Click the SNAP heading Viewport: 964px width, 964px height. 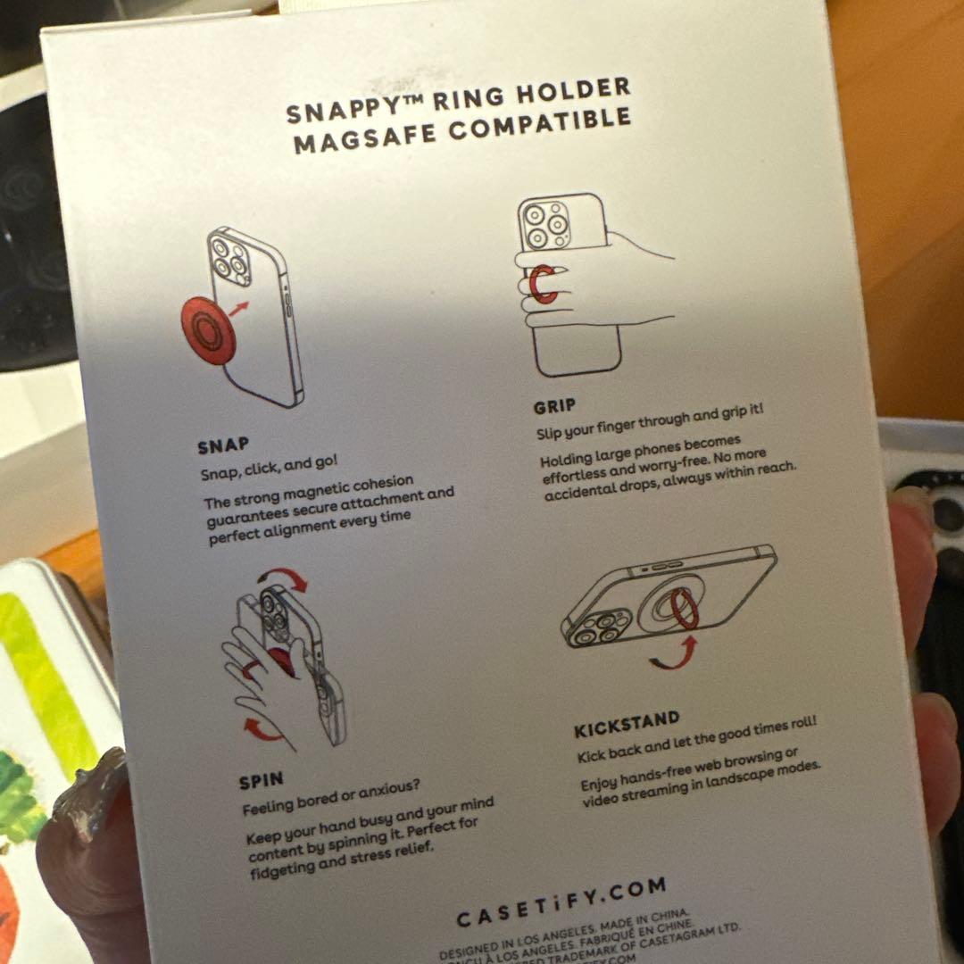pos(223,445)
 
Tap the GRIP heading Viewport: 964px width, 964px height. pos(554,407)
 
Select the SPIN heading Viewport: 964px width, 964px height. pos(261,782)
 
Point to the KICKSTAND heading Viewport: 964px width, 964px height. pos(627,724)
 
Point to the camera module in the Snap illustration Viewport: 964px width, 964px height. pos(229,257)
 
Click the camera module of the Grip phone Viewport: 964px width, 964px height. pos(545,223)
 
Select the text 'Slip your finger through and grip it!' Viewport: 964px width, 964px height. pos(650,423)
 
